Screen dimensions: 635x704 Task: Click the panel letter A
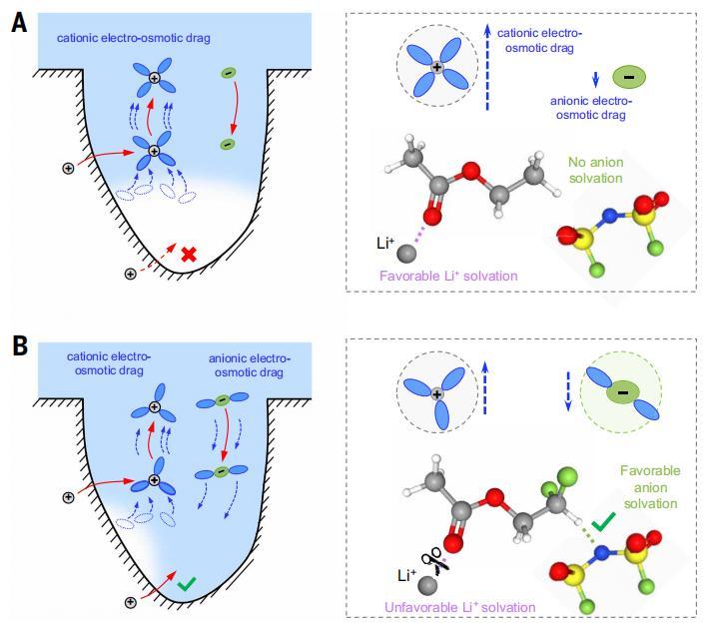point(18,22)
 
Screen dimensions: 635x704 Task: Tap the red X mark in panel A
point(188,255)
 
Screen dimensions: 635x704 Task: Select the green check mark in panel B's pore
point(186,584)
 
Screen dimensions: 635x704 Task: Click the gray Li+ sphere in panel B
point(426,586)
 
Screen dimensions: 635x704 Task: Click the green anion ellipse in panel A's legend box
point(627,76)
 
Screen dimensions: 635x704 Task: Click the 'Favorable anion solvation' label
point(650,487)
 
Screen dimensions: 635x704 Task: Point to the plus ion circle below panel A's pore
point(130,274)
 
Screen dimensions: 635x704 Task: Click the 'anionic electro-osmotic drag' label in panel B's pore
point(250,364)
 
